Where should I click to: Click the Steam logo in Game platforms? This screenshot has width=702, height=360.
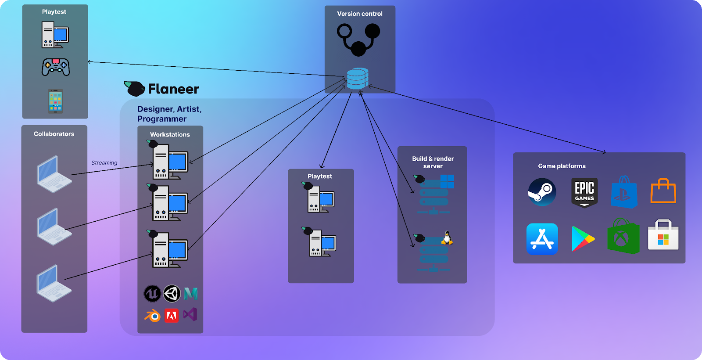tap(542, 192)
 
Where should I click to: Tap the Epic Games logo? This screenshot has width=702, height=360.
tap(584, 192)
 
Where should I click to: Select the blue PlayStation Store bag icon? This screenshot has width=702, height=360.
tap(624, 192)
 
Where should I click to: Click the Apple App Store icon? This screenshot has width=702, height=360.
tap(542, 239)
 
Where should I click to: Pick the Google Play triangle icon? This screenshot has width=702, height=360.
tap(583, 239)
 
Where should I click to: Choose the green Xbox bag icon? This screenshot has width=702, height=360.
tap(623, 237)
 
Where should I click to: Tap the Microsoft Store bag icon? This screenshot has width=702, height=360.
tap(663, 235)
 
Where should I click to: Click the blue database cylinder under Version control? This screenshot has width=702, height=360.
tap(357, 79)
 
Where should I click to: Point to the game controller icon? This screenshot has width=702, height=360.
tap(56, 67)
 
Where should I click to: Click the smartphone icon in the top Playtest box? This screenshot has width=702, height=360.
tap(55, 101)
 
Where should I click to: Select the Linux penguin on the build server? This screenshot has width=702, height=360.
tap(447, 238)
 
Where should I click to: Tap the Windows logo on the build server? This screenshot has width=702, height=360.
tap(447, 181)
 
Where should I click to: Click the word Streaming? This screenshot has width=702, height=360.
tap(104, 163)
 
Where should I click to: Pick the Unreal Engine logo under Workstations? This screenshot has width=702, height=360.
tap(152, 294)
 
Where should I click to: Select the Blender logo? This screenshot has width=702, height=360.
tap(153, 316)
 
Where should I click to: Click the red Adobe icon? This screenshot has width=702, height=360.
tap(172, 316)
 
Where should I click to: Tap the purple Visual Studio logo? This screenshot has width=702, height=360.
tap(190, 314)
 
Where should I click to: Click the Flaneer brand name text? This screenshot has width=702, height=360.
tap(173, 89)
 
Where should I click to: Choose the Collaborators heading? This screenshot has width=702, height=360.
tap(54, 134)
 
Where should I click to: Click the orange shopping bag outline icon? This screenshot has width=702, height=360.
tap(663, 191)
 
